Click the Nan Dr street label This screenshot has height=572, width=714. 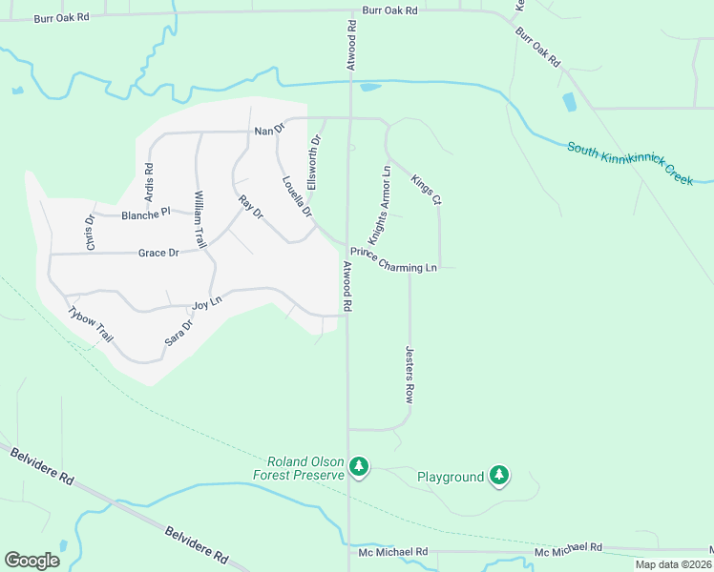tap(269, 130)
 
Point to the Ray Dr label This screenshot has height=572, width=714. tap(251, 207)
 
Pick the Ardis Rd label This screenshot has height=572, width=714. tap(149, 180)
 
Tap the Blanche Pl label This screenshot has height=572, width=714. tap(145, 214)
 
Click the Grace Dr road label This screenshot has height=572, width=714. tap(158, 253)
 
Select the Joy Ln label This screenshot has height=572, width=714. tap(207, 305)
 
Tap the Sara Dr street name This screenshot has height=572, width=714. tap(178, 331)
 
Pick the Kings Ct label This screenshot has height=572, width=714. tap(426, 190)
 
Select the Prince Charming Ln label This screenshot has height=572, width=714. tap(393, 260)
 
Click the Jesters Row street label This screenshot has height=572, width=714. tap(409, 375)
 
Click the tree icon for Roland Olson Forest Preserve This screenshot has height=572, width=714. tap(359, 466)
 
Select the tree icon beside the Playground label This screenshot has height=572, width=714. tap(498, 475)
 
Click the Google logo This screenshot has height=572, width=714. tap(32, 561)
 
